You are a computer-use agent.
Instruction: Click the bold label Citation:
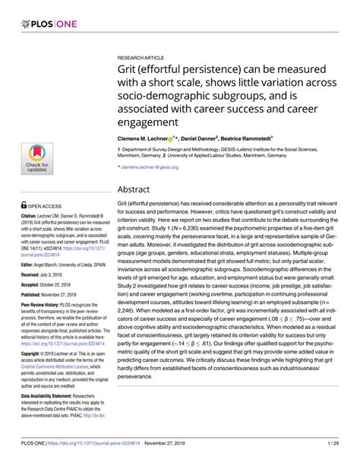[x=32, y=195]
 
